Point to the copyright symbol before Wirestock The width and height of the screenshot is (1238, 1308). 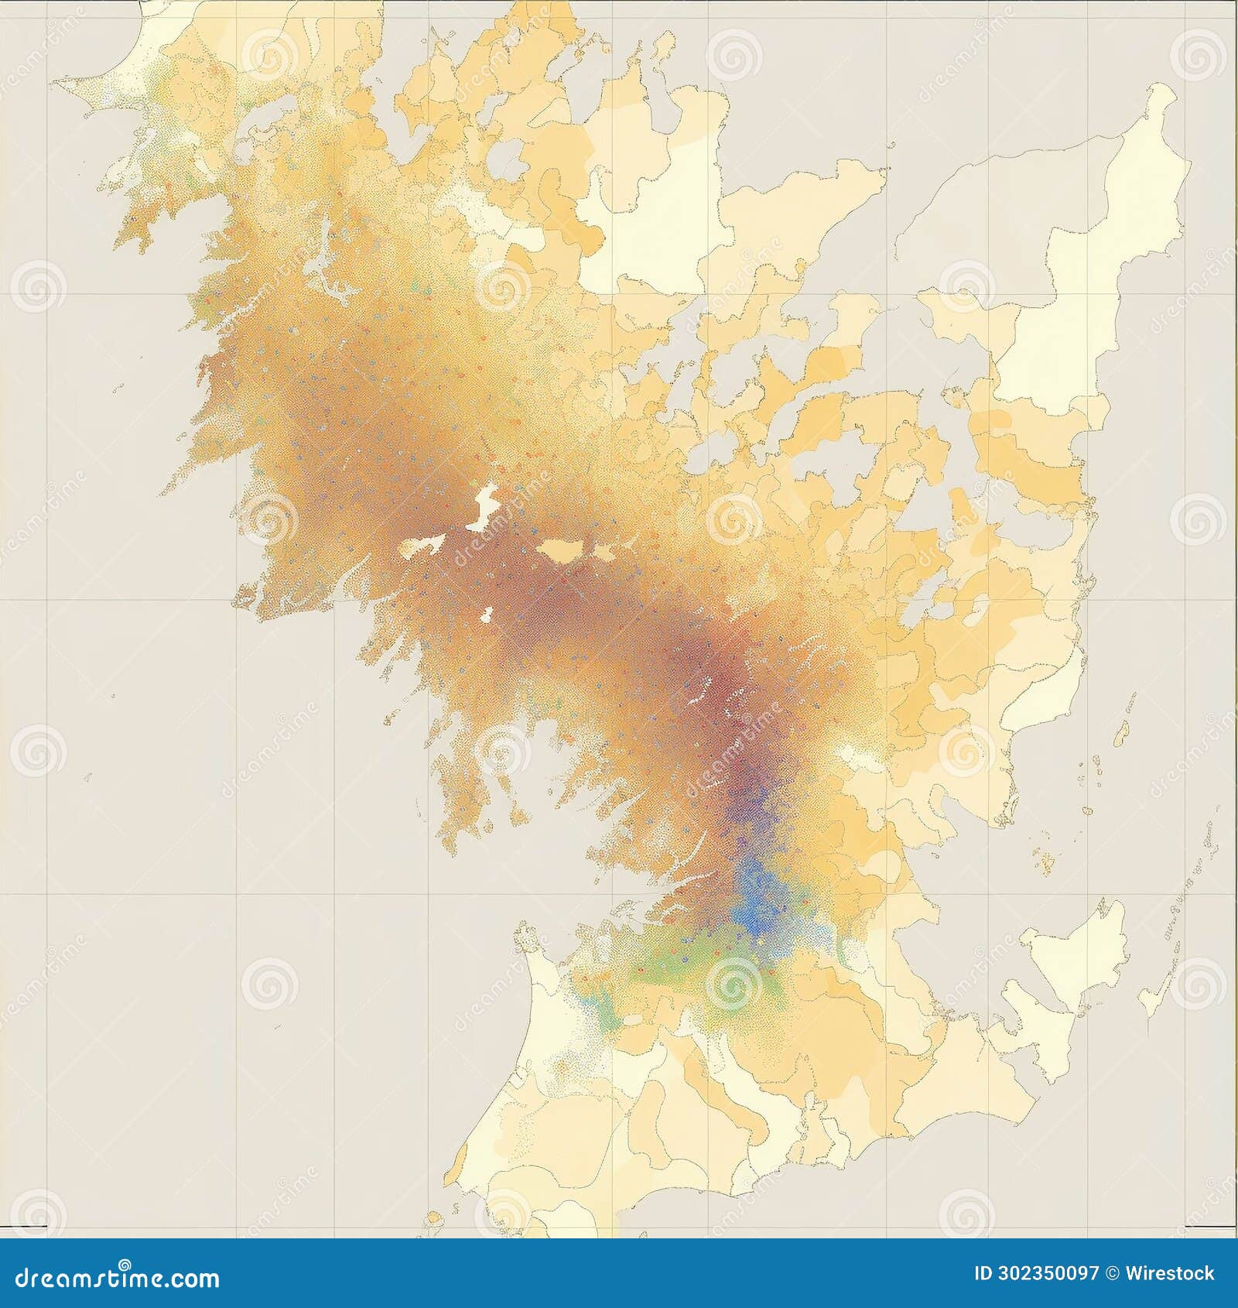click(x=1112, y=1273)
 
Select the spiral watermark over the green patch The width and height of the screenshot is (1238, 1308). click(x=732, y=983)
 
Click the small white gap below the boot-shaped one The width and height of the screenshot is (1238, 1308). click(x=487, y=615)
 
